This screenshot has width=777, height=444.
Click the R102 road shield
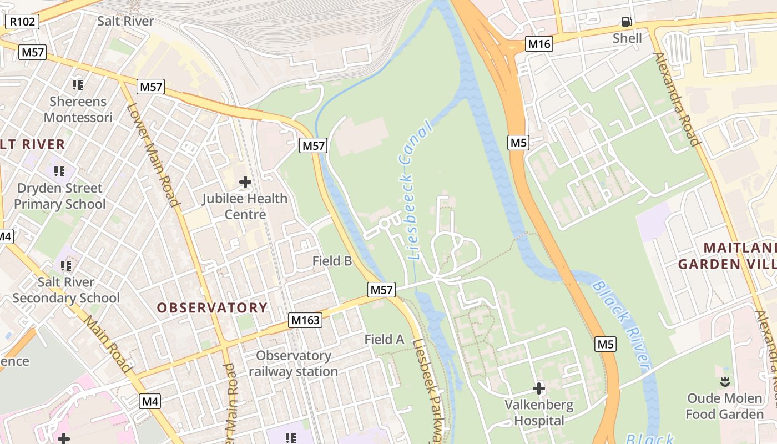pos(23,22)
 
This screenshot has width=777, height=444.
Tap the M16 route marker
pos(539,44)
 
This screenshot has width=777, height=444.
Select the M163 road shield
pos(305,320)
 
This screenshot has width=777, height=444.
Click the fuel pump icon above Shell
pos(627,22)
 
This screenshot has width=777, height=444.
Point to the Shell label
pos(627,38)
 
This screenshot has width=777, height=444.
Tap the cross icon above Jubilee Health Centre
pos(245,182)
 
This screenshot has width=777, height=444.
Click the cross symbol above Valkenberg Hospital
pos(538,389)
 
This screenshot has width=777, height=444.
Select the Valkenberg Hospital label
pos(538,412)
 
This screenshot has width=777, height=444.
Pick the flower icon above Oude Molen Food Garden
pos(724,382)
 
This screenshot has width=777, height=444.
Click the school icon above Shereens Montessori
pos(78,85)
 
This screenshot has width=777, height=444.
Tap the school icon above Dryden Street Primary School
pos(59,171)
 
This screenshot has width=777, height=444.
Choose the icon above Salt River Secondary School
pos(66,266)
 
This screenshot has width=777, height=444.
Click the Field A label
pos(384,339)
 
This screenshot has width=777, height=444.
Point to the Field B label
pos(332,260)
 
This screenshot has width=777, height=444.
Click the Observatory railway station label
pos(294,364)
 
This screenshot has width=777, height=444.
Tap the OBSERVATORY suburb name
pos(212,307)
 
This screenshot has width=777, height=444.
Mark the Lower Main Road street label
pos(154,155)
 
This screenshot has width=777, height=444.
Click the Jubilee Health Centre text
pos(245,206)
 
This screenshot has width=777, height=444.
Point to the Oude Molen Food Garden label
pos(725,406)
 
